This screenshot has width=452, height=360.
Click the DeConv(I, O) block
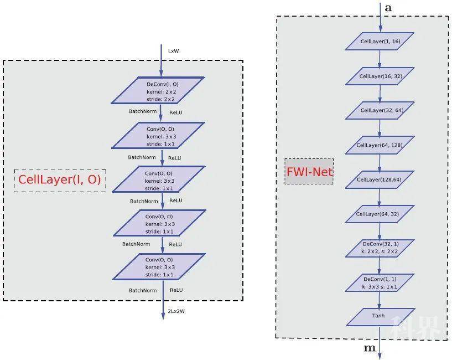pos(159,91)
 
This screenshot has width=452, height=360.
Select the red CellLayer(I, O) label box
pos(60,179)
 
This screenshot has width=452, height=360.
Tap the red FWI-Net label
pos(309,172)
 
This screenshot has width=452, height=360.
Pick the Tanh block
pos(380,316)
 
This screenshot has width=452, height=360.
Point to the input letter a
pos(388,8)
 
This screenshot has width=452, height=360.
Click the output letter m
pos(370,348)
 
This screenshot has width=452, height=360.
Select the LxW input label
pos(174,51)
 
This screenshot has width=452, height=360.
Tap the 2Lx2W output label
pos(177,312)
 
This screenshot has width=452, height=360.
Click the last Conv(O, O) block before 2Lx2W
pos(159,266)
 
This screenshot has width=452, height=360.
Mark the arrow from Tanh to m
pos(380,341)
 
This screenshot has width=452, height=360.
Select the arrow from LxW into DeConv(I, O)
pos(161,62)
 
